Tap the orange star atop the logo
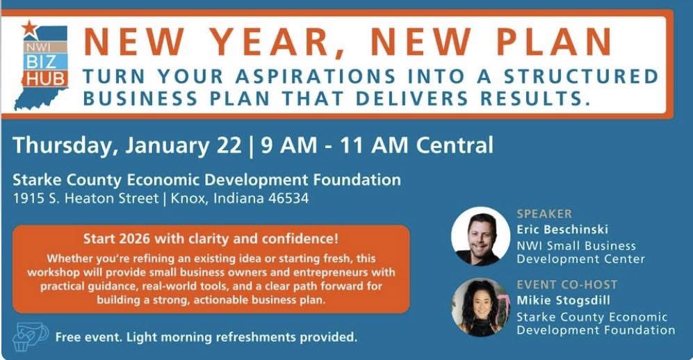pos(29,28)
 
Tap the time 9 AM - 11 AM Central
pos(376,146)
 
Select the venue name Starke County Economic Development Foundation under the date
pos(206,180)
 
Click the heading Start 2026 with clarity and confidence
pos(211,238)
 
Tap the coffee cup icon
pos(31,336)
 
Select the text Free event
pos(85,338)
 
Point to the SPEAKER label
pos(544,213)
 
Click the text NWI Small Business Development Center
pos(580,252)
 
